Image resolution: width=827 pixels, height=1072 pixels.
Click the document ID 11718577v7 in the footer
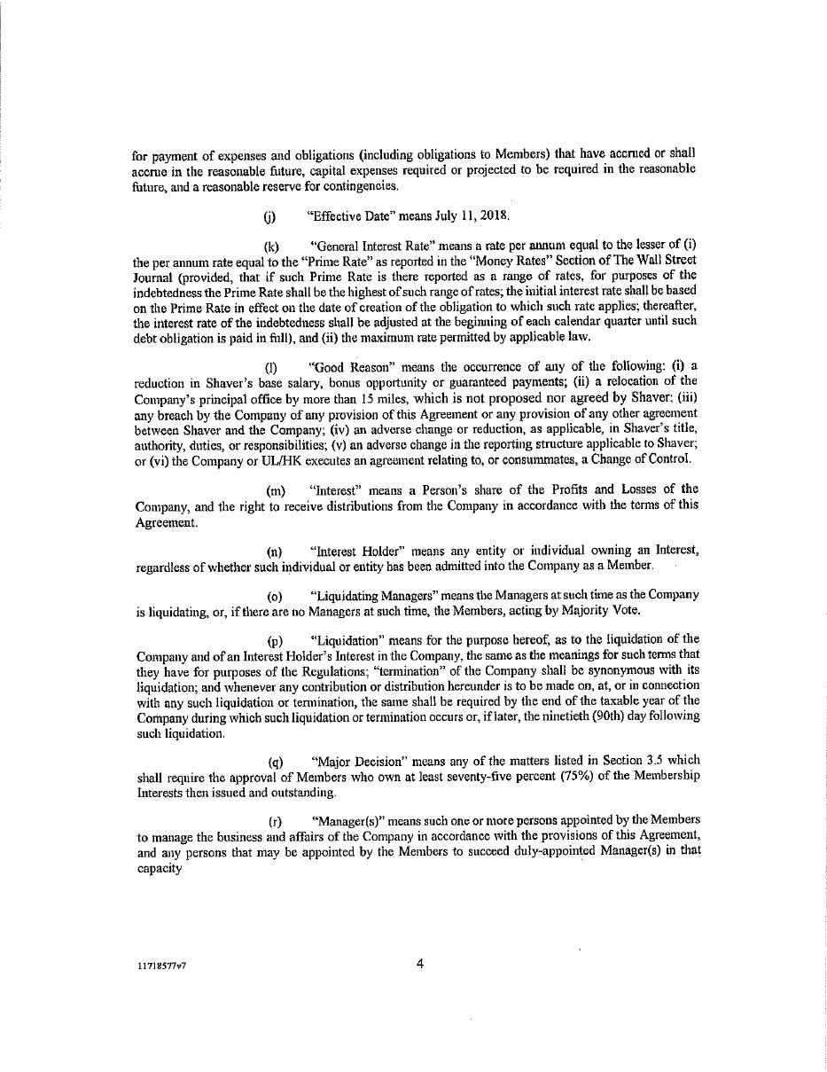coord(161,967)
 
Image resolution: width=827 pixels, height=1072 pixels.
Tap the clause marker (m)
coord(275,489)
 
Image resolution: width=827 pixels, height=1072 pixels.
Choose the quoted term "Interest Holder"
coord(354,551)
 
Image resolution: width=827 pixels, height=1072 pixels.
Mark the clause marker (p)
coord(275,639)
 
